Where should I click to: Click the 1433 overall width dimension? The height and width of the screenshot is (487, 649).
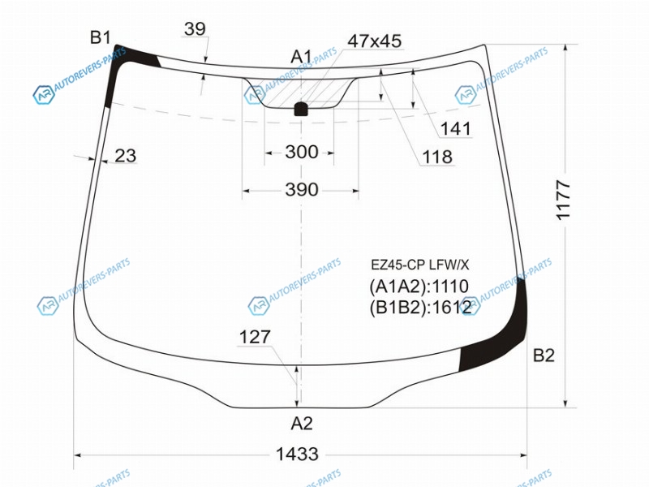297,455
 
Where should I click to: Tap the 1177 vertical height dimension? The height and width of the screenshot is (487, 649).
563,200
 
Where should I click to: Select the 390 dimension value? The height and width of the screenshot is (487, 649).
302,190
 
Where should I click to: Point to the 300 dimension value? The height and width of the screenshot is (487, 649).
302,152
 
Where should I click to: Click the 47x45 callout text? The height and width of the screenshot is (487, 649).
375,41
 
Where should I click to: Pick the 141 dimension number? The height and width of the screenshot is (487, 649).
456,129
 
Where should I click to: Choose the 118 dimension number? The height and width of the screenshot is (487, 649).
437,157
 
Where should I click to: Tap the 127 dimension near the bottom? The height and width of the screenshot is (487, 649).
255,337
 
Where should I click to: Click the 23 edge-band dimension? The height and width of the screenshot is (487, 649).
125,156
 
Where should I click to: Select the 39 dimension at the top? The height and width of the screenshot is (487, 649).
195,29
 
